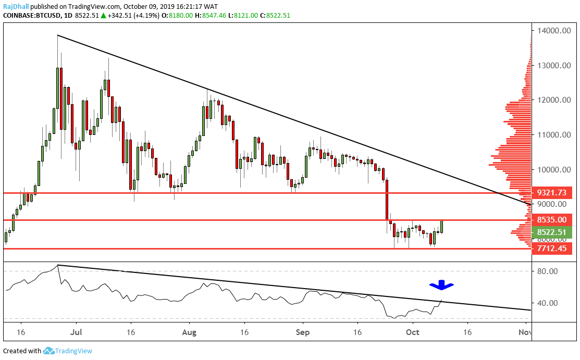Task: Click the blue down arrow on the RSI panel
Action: [x=441, y=285]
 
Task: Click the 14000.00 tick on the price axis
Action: [x=553, y=31]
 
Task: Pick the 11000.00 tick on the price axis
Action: [x=553, y=135]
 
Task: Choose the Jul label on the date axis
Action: [x=77, y=331]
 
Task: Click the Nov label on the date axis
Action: [x=525, y=331]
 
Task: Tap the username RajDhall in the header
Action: [x=17, y=6]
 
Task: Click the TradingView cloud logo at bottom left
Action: [x=49, y=351]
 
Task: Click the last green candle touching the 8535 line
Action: [x=442, y=227]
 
